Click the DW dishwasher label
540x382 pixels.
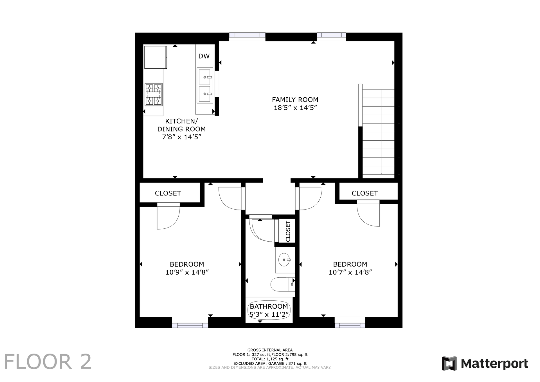pos(204,56)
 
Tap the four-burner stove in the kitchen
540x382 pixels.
pos(154,95)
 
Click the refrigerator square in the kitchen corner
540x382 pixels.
pos(156,57)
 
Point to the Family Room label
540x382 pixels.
pos(295,100)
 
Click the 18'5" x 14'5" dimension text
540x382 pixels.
pos(295,108)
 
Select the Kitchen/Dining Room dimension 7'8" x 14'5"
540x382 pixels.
pos(181,137)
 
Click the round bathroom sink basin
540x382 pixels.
pos(284,260)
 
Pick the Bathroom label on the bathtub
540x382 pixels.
pos(269,306)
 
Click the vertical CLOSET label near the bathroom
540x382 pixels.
pos(288,231)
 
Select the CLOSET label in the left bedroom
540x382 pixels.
pos(168,193)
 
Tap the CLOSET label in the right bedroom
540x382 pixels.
pos(365,193)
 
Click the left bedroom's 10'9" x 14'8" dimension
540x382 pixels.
pos(187,272)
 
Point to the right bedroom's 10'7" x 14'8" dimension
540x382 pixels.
pos(350,272)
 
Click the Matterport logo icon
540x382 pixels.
pos(449,363)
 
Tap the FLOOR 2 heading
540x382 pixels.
pos(48,362)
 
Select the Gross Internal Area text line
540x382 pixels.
pos(270,350)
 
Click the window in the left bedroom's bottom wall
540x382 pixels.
pos(190,322)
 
